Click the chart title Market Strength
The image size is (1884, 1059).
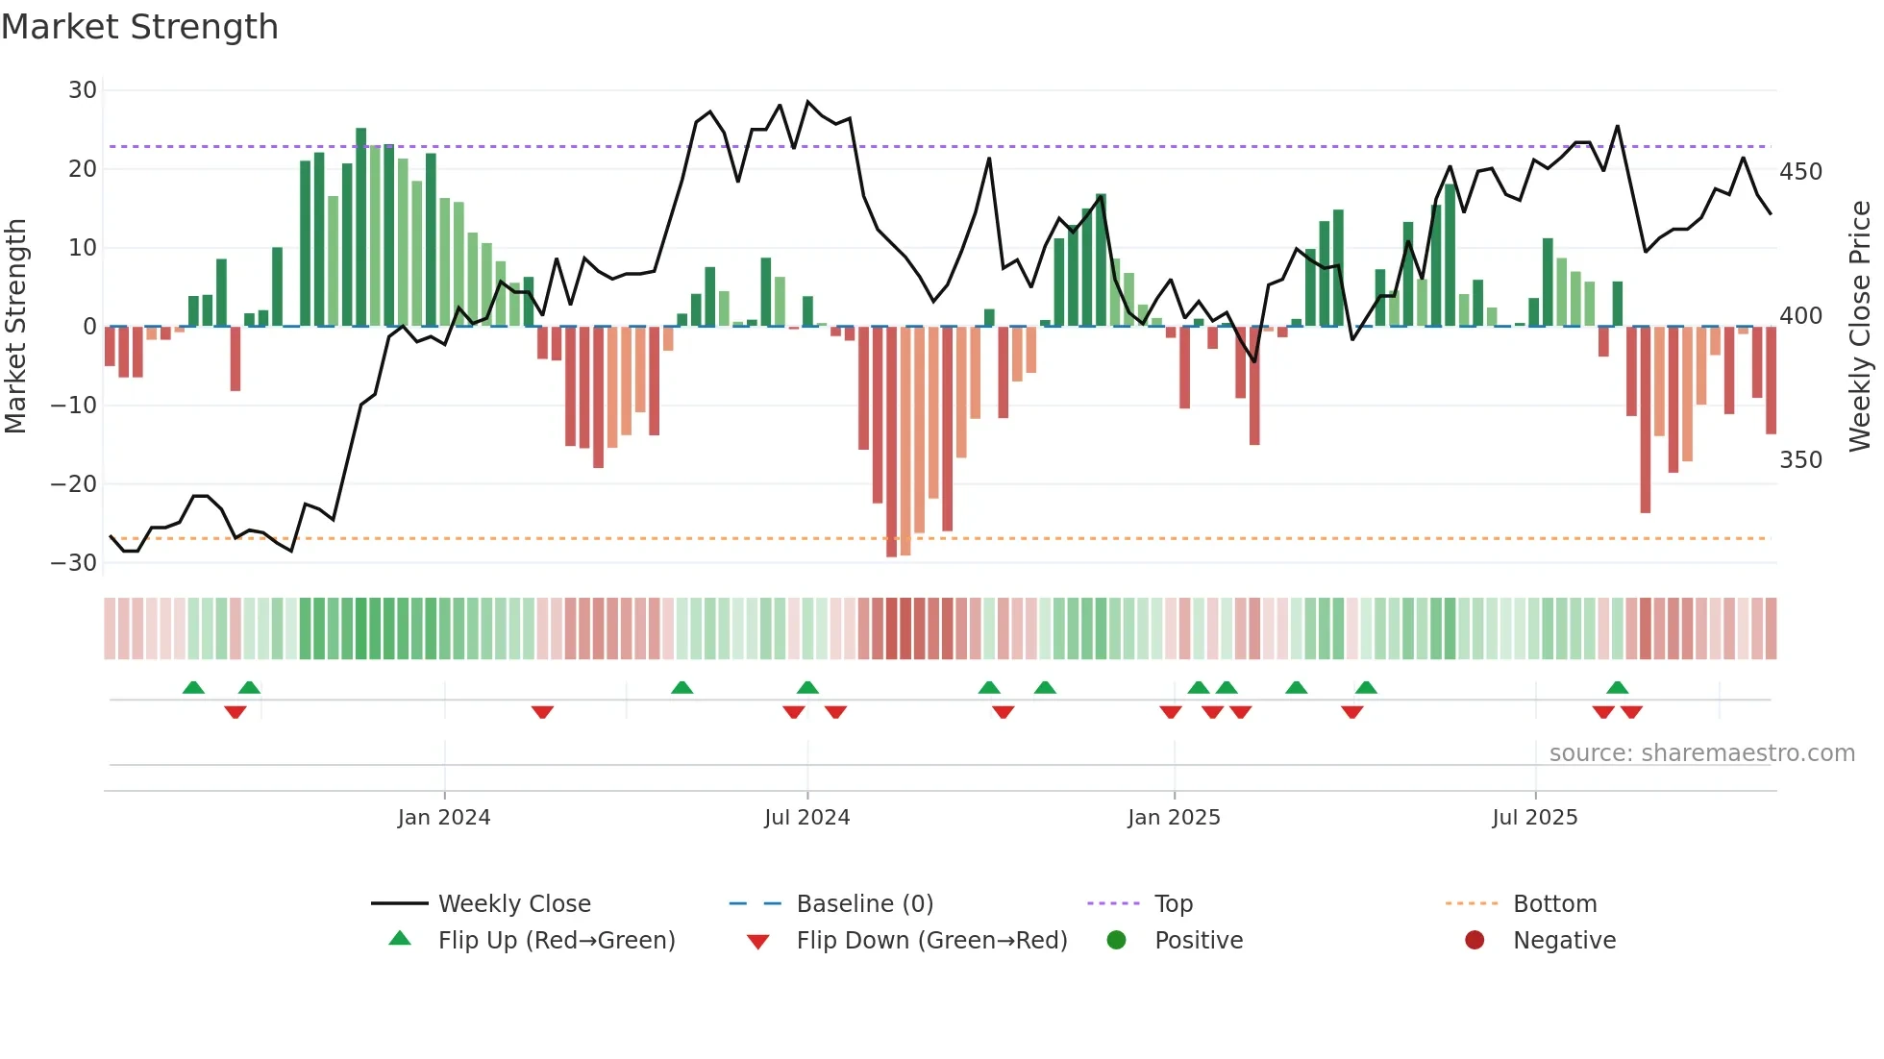coord(139,27)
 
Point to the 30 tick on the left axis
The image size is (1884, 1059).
coord(83,90)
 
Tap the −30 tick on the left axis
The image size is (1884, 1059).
coord(75,563)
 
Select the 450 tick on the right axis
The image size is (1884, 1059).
coord(1800,172)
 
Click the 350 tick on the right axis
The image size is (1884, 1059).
coord(1800,460)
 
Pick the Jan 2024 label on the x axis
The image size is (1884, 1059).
coord(444,818)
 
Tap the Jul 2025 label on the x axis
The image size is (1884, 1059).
coord(1535,818)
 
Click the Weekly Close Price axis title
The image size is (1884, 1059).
coord(1860,327)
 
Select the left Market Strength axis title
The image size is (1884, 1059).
coord(15,327)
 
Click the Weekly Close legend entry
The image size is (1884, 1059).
coord(514,904)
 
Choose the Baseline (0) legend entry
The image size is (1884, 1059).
coord(864,904)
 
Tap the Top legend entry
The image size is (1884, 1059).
coord(1173,904)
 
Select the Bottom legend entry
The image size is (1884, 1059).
coord(1554,904)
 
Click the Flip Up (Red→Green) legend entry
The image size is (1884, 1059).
coord(557,941)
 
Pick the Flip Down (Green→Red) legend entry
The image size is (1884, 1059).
coord(931,941)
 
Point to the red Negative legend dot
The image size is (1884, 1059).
coord(1475,940)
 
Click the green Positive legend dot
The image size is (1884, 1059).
coord(1116,940)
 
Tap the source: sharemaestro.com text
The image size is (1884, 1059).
coord(1701,753)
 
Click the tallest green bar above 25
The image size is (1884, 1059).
coord(360,227)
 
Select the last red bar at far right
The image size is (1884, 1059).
coord(1771,380)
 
